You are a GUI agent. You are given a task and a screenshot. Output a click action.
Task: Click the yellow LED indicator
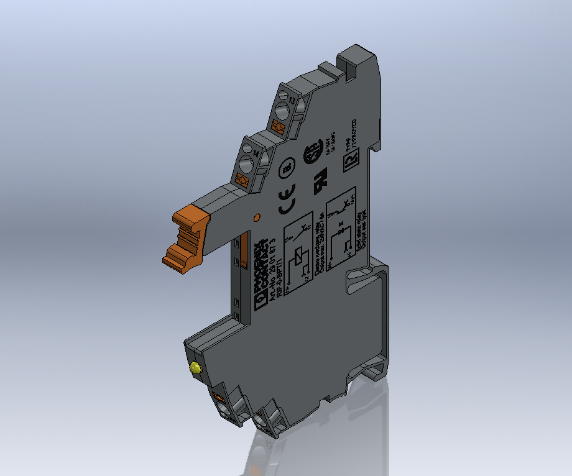[196, 368]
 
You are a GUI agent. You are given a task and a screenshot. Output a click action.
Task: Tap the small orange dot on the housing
[256, 217]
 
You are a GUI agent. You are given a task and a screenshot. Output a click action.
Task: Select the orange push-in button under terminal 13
[279, 128]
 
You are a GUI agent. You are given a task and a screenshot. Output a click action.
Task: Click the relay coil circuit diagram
[297, 251]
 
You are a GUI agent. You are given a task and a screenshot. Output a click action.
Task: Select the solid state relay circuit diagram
[341, 225]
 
